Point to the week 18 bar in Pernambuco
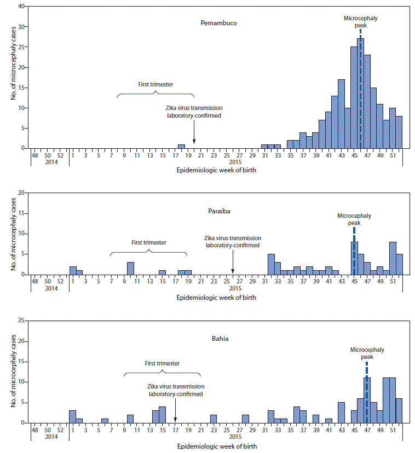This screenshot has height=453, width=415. coord(181,146)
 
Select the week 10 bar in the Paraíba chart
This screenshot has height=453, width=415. coord(130,268)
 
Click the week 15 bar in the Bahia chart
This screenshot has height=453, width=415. coord(162,414)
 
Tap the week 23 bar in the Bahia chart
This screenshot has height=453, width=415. coord(214,419)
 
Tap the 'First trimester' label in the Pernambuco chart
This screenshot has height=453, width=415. coord(155,85)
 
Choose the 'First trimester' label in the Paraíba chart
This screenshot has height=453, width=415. coord(149,242)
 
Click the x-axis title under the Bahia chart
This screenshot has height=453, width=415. coord(216,446)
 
